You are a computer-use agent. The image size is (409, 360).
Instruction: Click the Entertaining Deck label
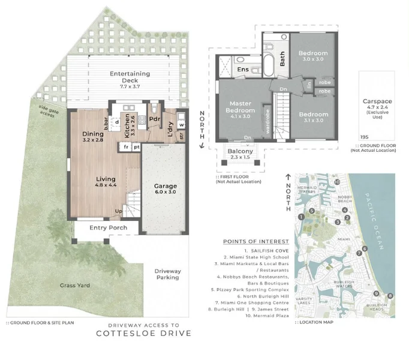pyautogui.click(x=130, y=77)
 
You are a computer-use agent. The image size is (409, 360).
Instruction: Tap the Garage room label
pyautogui.click(x=166, y=186)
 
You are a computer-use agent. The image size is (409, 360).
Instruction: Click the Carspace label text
pyautogui.click(x=378, y=102)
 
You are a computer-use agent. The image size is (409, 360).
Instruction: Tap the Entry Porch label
pyautogui.click(x=109, y=228)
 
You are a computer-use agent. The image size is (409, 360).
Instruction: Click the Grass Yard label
pyautogui.click(x=74, y=285)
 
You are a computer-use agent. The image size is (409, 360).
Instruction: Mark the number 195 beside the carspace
pyautogui.click(x=364, y=137)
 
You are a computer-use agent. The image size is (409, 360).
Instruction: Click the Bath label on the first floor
pyautogui.click(x=282, y=58)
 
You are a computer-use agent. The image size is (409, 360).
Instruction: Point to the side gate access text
pyautogui.click(x=47, y=112)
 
